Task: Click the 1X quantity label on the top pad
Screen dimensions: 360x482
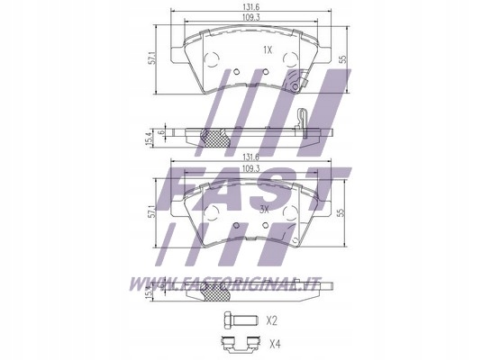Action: pyautogui.click(x=266, y=49)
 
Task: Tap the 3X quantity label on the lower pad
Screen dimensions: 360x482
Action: pyautogui.click(x=264, y=209)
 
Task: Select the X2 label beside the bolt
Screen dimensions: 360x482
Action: pyautogui.click(x=272, y=319)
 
